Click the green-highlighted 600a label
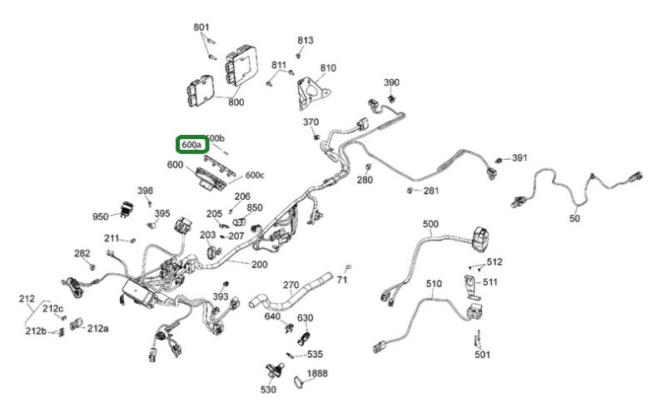pos(191,145)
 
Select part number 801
pos(201,28)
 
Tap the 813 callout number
pos(306,40)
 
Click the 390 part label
pos(391,82)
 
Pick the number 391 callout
pos(520,158)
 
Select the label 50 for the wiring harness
pos(574,219)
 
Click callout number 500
pos(430,224)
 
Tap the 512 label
pos(495,262)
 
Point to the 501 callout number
pos(483,356)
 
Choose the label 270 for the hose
pos(291,285)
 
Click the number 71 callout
pos(342,280)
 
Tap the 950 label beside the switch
pos(101,216)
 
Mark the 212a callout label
pos(97,328)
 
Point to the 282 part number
pos(82,253)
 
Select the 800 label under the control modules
pos(236,102)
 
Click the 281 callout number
pos(430,191)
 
